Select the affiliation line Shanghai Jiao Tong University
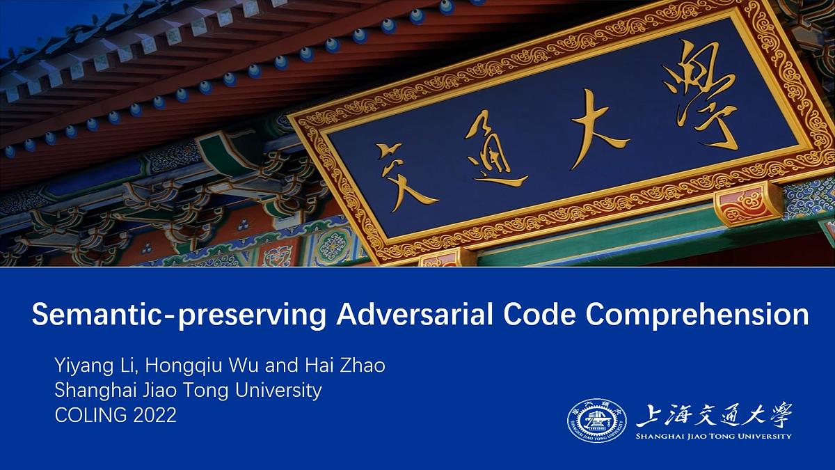pos(188,391)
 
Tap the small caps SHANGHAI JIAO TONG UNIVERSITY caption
pos(714,437)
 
